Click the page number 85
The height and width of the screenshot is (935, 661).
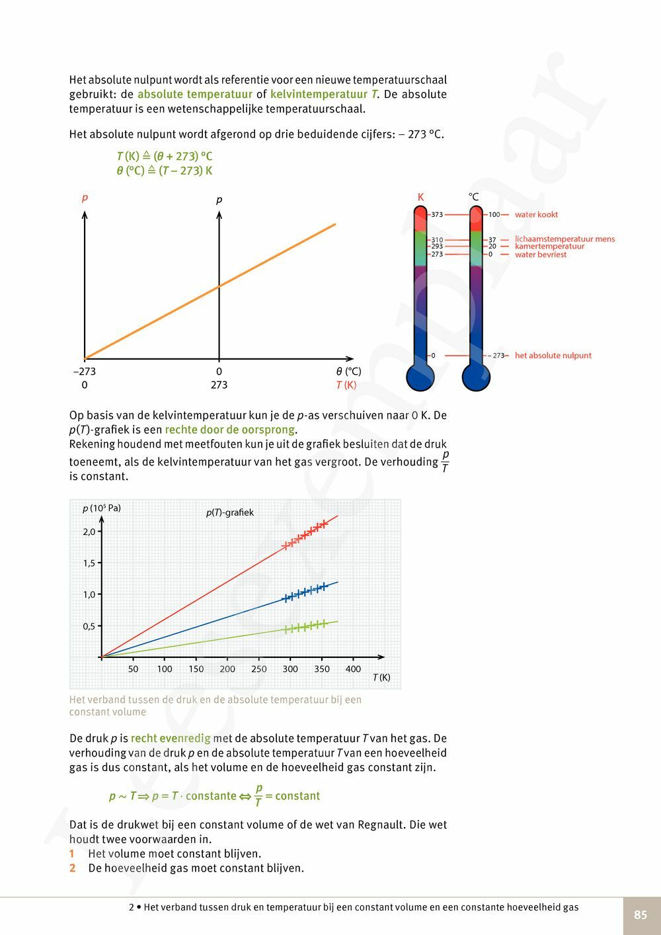pyautogui.click(x=640, y=915)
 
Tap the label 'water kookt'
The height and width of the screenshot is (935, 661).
pyautogui.click(x=536, y=214)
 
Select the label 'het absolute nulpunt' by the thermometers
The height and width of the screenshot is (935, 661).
pyautogui.click(x=553, y=355)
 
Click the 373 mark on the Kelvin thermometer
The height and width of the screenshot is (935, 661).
pyautogui.click(x=437, y=214)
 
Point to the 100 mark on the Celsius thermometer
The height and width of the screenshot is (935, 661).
pyautogui.click(x=494, y=214)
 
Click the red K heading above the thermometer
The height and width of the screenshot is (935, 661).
pyautogui.click(x=420, y=197)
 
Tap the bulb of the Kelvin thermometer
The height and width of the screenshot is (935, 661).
pyautogui.click(x=420, y=378)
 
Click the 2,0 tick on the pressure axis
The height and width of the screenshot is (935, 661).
pyautogui.click(x=89, y=532)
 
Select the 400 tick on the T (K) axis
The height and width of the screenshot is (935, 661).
pyautogui.click(x=353, y=669)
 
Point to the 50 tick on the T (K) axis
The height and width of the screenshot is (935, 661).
pyautogui.click(x=133, y=669)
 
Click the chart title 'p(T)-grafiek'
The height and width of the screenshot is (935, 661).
pyautogui.click(x=229, y=512)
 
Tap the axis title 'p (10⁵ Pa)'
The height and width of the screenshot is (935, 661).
pyautogui.click(x=102, y=508)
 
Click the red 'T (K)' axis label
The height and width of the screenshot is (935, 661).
pyautogui.click(x=346, y=385)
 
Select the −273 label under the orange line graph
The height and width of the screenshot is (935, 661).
pyautogui.click(x=85, y=371)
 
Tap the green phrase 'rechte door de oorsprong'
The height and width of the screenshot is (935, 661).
pyautogui.click(x=229, y=430)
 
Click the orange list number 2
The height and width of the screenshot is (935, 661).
pyautogui.click(x=73, y=868)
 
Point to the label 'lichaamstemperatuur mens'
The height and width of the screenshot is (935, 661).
pyautogui.click(x=564, y=239)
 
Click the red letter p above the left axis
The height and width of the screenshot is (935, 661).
pyautogui.click(x=85, y=198)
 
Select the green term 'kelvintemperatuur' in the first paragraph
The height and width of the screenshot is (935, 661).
pyautogui.click(x=319, y=94)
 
